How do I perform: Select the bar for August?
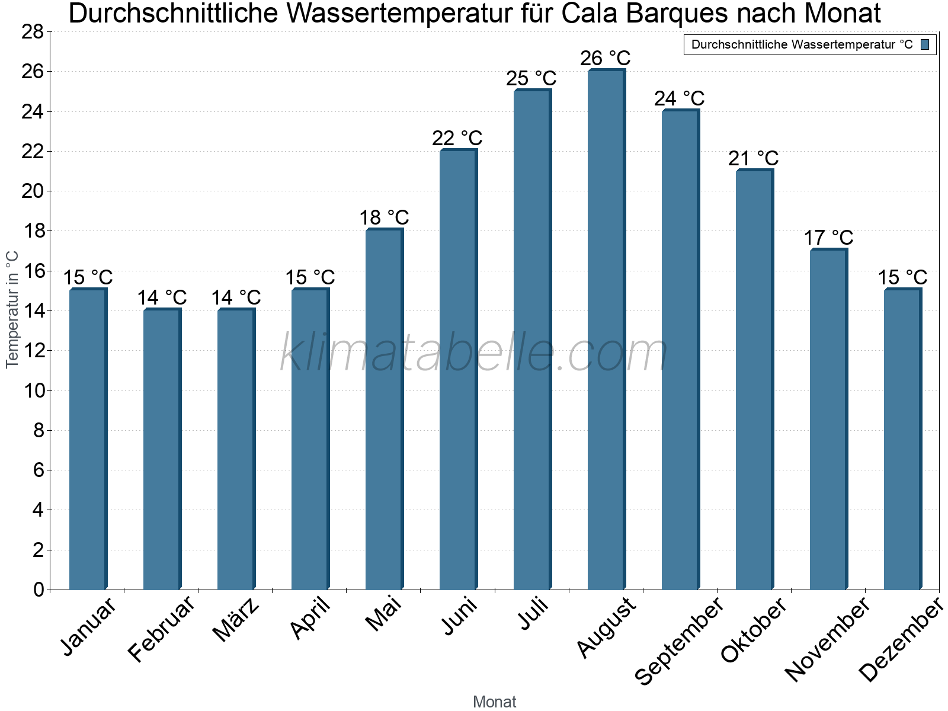point(606,329)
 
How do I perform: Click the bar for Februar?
point(161,449)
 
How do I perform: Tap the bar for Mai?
point(383,409)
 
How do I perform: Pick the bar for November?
point(828,419)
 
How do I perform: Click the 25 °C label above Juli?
point(531,78)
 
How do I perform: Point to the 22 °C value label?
point(457,138)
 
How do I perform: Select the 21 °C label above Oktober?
point(753,158)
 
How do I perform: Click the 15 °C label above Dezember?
point(902,277)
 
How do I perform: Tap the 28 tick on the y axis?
point(33,31)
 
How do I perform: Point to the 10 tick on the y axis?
point(33,390)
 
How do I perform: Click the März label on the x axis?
point(236,620)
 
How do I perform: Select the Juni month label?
point(459,616)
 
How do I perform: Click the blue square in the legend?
point(925,44)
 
